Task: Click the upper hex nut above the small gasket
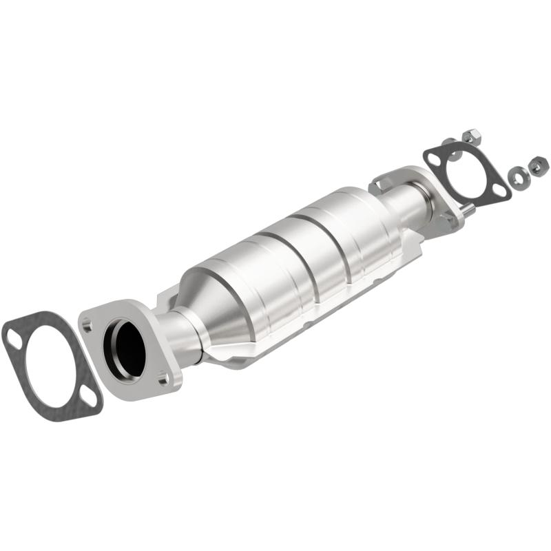[470, 134]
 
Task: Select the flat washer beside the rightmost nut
[516, 178]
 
